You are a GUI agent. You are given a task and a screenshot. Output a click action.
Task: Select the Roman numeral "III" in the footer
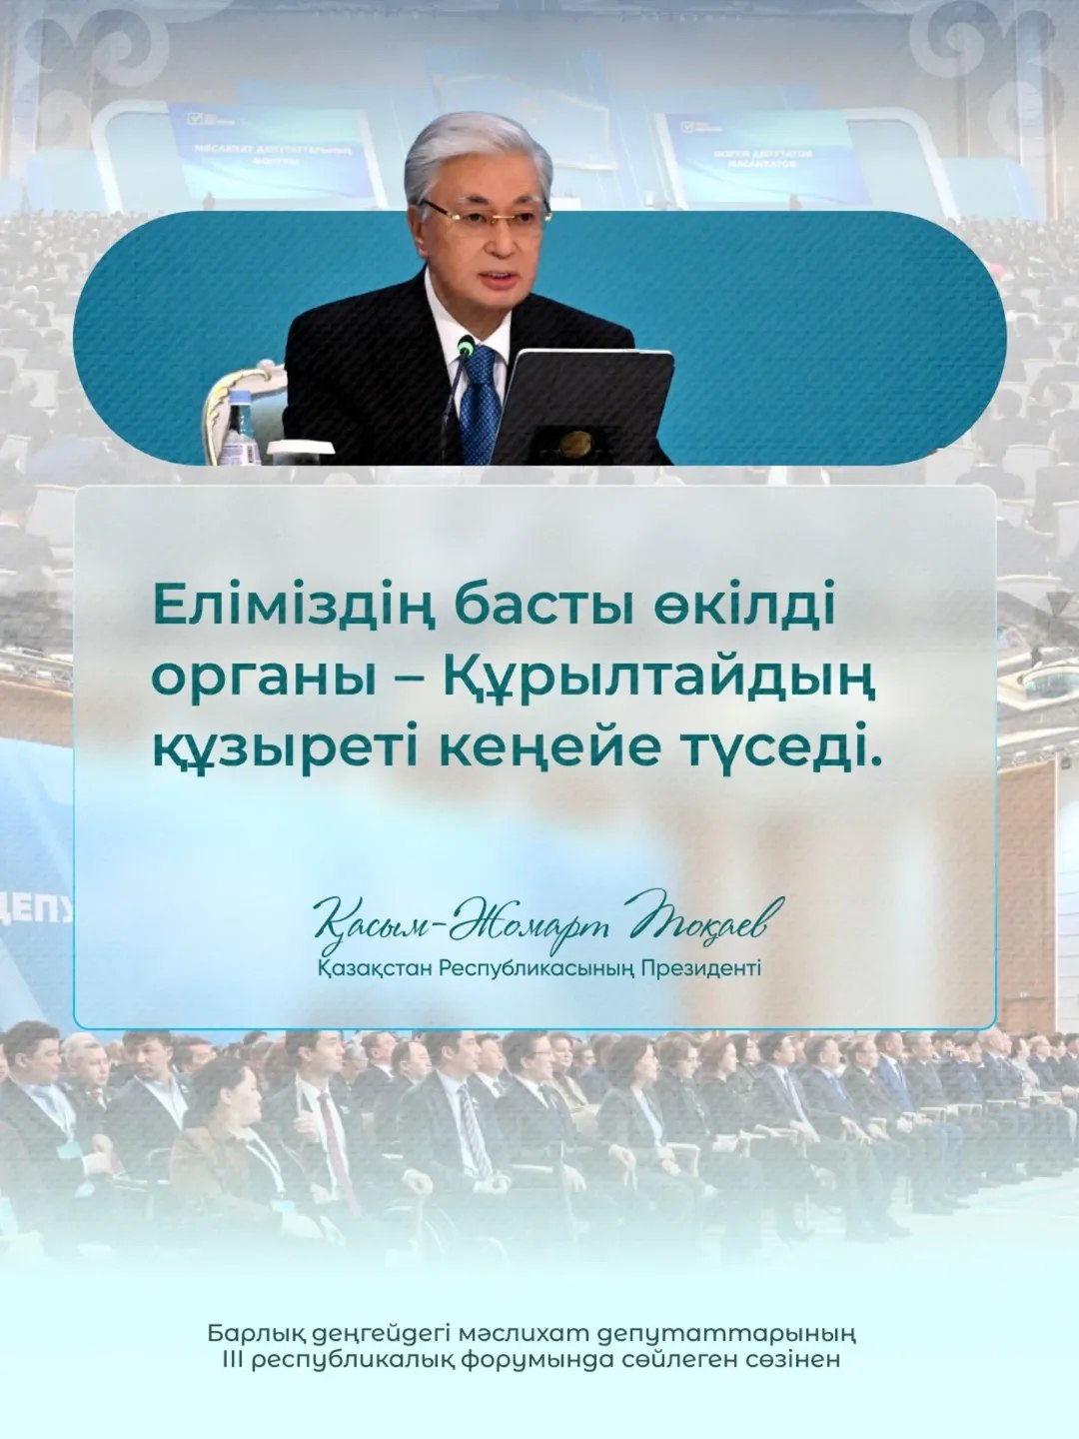pos(232,1360)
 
